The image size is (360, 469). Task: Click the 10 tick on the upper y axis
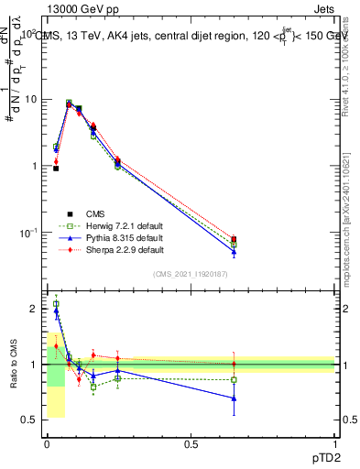[30, 99]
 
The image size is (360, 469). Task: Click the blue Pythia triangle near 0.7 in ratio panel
[234, 398]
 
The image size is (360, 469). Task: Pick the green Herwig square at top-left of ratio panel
[56, 304]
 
